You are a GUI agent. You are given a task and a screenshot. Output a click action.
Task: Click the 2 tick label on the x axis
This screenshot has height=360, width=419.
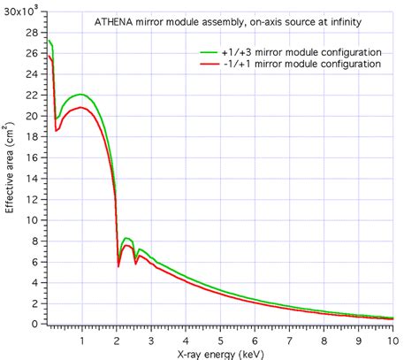pos(116,339)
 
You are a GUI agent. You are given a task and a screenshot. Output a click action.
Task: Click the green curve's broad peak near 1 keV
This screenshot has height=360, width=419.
pos(80,94)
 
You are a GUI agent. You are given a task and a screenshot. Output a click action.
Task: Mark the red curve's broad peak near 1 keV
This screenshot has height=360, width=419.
pos(80,107)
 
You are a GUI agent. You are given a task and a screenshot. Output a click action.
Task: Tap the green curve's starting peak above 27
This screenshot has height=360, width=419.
pos(49,40)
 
